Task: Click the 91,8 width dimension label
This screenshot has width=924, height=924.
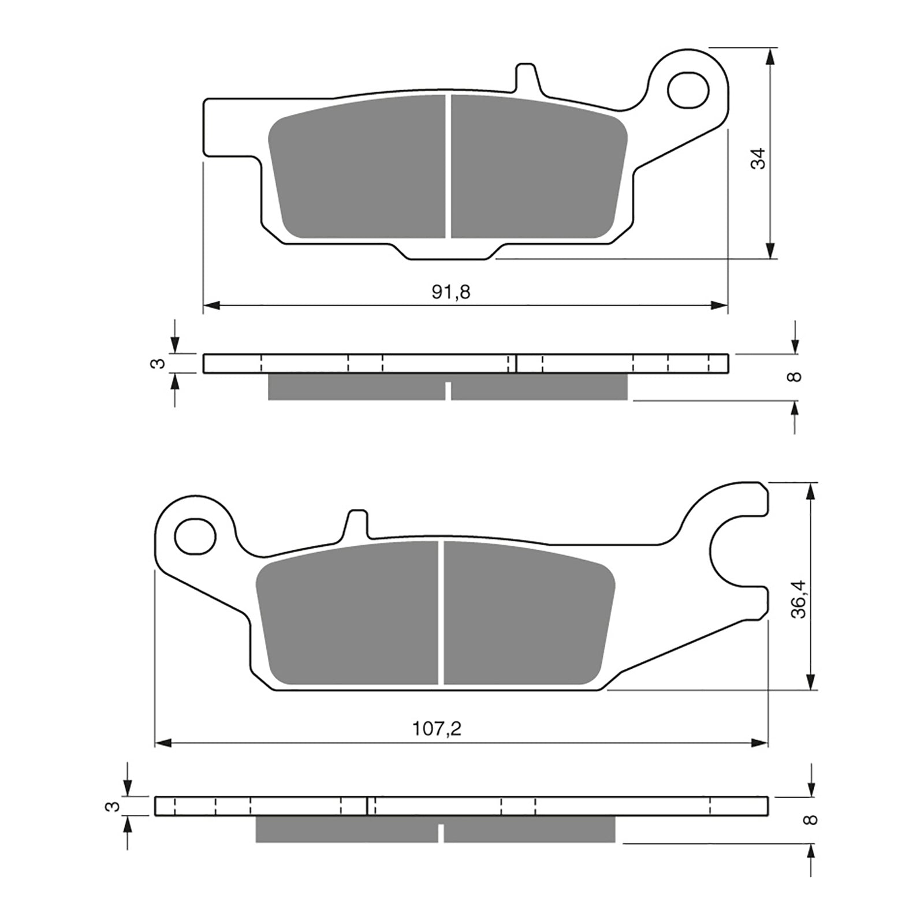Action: tap(451, 292)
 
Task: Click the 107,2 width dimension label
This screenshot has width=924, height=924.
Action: tap(437, 729)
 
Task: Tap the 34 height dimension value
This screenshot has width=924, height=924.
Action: tap(758, 158)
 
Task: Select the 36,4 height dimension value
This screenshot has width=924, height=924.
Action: tap(799, 599)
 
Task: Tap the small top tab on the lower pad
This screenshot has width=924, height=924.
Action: tap(357, 523)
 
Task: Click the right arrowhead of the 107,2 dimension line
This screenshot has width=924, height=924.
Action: tap(760, 743)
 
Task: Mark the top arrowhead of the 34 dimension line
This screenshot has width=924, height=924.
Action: tap(770, 56)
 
